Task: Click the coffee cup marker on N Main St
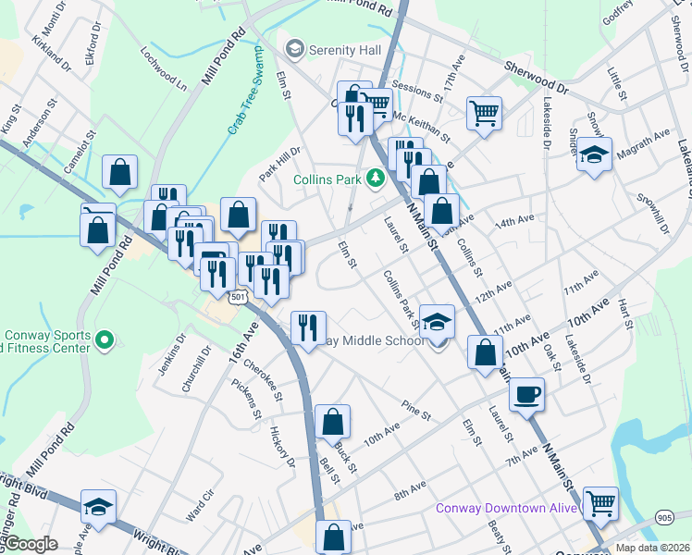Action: (x=526, y=394)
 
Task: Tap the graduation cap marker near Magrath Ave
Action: (x=594, y=154)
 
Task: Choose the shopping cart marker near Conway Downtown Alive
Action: (x=600, y=503)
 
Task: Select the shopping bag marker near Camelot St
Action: (x=119, y=171)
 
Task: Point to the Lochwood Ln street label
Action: (x=164, y=69)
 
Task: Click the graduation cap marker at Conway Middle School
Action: (x=438, y=322)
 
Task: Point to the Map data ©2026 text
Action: (x=651, y=548)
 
